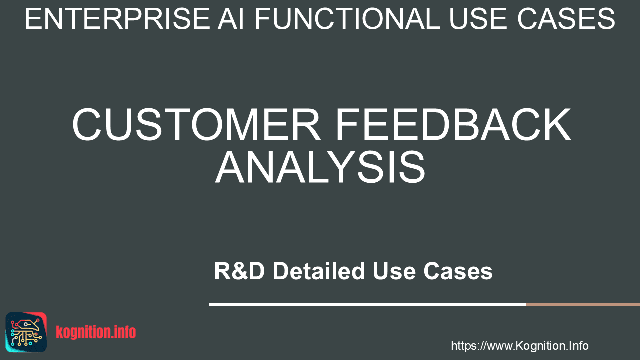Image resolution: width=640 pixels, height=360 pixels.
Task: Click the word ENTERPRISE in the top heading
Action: pyautogui.click(x=118, y=19)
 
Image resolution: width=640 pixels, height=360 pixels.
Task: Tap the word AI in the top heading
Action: pyautogui.click(x=231, y=19)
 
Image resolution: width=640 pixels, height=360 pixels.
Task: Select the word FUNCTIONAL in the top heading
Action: pyautogui.click(x=347, y=19)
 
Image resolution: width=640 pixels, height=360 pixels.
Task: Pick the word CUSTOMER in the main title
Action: pyautogui.click(x=196, y=124)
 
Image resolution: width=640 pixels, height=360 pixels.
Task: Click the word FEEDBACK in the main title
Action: pyautogui.click(x=453, y=124)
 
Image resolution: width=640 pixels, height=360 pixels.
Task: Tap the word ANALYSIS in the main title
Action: pyautogui.click(x=320, y=167)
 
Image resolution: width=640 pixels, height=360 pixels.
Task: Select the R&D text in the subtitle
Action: pyautogui.click(x=239, y=271)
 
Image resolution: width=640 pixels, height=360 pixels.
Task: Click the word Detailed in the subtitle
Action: pyautogui.click(x=319, y=271)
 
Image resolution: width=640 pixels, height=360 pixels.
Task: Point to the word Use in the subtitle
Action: pyautogui.click(x=394, y=271)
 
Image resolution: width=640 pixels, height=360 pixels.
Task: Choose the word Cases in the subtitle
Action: pyautogui.click(x=458, y=271)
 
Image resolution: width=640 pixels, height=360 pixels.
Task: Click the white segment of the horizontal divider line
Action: pyautogui.click(x=367, y=304)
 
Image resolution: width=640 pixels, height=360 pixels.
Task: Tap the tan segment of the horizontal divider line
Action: pyautogui.click(x=583, y=304)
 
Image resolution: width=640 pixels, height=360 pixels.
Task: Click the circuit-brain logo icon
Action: pyautogui.click(x=26, y=332)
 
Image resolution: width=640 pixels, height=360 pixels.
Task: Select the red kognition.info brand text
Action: pyautogui.click(x=96, y=332)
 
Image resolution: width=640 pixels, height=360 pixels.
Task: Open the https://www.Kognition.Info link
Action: pyautogui.click(x=520, y=346)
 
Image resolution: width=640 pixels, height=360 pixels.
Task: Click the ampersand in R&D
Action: pyautogui.click(x=239, y=271)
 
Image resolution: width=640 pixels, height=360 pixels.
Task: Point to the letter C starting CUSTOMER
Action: pyautogui.click(x=87, y=124)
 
